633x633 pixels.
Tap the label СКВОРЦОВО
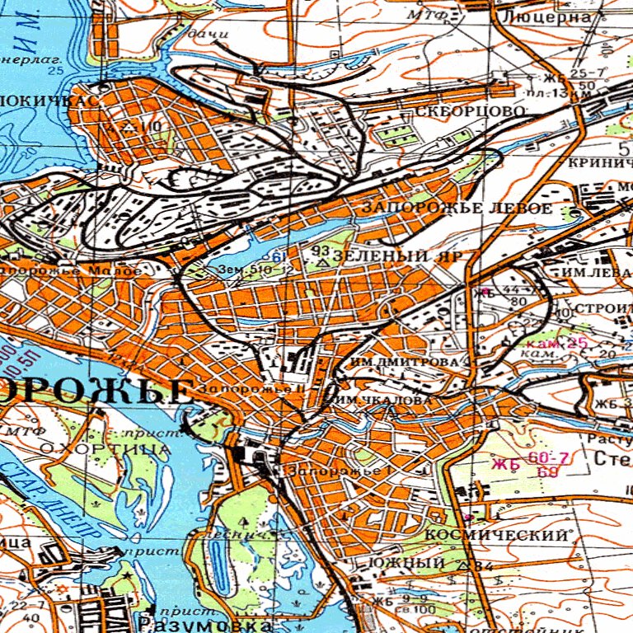[x=470, y=110]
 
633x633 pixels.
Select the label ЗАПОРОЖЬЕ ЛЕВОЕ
[x=457, y=209]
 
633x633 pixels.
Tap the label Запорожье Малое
[x=70, y=270]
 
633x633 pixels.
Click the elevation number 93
[x=320, y=250]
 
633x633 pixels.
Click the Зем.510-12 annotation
[x=244, y=270]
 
